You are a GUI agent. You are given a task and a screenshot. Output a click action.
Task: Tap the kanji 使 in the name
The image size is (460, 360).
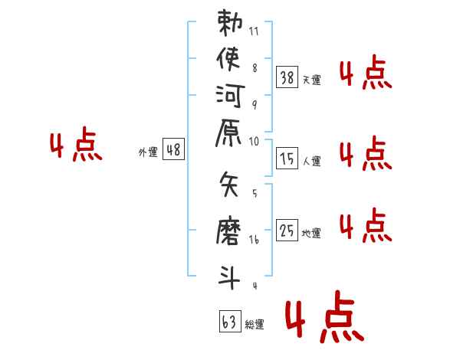coord(228,59)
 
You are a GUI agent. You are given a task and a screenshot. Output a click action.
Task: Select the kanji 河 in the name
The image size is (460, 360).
coord(230,96)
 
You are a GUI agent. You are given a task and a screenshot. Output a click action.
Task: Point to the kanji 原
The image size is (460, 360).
coord(228,133)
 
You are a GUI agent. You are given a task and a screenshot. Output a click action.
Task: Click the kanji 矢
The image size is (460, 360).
coord(228,185)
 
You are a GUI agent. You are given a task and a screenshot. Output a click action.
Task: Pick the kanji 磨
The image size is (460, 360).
coord(228,231)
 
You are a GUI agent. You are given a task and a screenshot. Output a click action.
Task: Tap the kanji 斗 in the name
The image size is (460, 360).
coord(228,277)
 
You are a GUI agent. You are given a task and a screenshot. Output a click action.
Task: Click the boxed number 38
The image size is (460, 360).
coord(287,77)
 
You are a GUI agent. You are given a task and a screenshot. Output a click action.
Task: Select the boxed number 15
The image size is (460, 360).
coord(287,159)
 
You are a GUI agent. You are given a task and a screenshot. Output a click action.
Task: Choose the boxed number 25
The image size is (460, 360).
coord(287,230)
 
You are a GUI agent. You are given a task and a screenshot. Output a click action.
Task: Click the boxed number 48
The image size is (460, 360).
coord(173,149)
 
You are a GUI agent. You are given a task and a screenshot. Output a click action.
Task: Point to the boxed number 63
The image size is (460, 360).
coord(230,321)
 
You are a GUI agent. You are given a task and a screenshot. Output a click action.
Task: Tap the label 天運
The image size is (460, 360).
coord(312,80)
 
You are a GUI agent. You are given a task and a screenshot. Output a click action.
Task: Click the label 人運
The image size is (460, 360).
coord(312,161)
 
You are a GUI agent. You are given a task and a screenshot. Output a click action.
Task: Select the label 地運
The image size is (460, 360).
coord(311,233)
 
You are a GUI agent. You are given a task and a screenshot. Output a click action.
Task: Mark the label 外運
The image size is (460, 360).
coord(148,152)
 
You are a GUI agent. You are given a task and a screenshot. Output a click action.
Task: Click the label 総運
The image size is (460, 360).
coord(255,324)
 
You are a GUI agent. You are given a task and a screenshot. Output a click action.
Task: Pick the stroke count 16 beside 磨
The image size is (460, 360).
coord(254,240)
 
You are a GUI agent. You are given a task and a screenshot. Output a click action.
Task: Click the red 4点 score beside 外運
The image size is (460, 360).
coord(76,144)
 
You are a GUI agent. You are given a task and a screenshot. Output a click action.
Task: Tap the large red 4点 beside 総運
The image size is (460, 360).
coord(324,316)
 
